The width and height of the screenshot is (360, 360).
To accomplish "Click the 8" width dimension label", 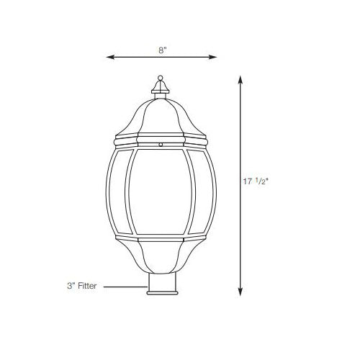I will click(163, 50).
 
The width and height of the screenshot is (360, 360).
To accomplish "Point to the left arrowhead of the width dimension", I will click(109, 56).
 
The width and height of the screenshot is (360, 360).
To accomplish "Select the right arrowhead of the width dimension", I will click(215, 56).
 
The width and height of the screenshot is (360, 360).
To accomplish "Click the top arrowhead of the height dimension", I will click(240, 78).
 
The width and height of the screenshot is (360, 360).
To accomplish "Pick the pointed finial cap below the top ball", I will click(161, 88).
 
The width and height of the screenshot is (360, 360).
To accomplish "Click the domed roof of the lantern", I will click(161, 115).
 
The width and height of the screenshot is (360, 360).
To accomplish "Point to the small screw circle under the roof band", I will click(161, 144).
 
